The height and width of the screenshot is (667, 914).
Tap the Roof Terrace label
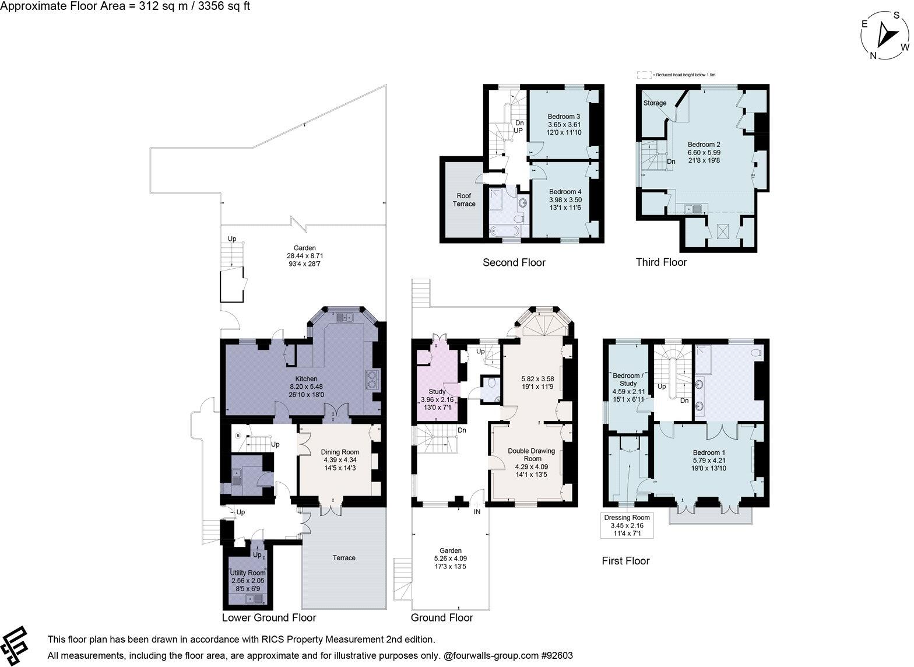tap(464, 199)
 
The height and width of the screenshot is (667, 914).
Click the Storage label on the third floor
tap(654, 103)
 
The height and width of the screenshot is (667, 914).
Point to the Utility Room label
tap(248, 573)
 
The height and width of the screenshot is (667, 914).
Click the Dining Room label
tap(340, 452)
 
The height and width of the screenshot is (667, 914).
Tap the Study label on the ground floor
tap(437, 392)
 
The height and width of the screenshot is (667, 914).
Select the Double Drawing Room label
tap(531, 455)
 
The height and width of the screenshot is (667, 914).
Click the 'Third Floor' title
tap(661, 262)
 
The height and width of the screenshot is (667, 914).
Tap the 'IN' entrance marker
tap(477, 512)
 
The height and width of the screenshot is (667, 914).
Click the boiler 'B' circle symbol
tap(238, 436)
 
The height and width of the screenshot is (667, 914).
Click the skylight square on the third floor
tap(721, 231)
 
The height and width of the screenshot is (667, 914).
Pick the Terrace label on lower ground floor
tap(344, 558)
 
